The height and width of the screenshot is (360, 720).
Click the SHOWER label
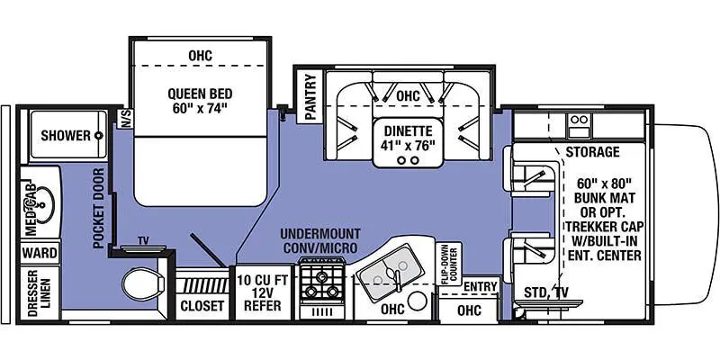(65, 136)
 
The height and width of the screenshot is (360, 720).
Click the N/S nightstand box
(125, 119)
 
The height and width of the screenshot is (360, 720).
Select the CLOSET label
(202, 306)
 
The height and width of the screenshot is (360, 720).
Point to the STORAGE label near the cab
(591, 151)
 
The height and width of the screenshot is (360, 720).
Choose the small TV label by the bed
(143, 241)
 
